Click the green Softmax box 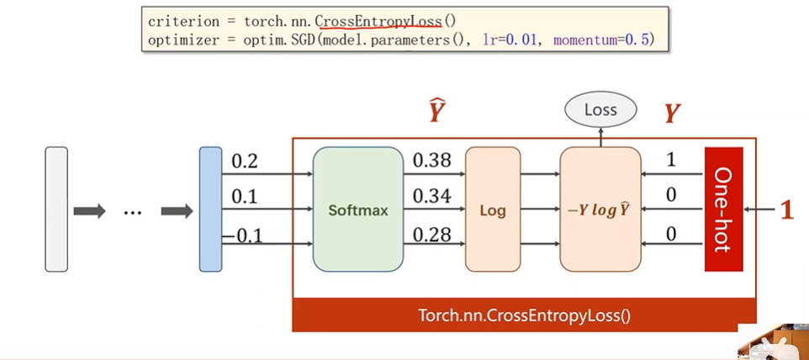point(357,209)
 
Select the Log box point(493,209)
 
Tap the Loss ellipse point(600,109)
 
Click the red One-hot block point(724,209)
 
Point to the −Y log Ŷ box point(600,209)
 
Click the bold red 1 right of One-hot point(786,209)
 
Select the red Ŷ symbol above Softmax point(436,112)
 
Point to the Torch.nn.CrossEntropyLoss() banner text point(524,316)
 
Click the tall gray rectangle point(56,209)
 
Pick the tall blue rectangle point(210,209)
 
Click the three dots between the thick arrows point(133,212)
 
